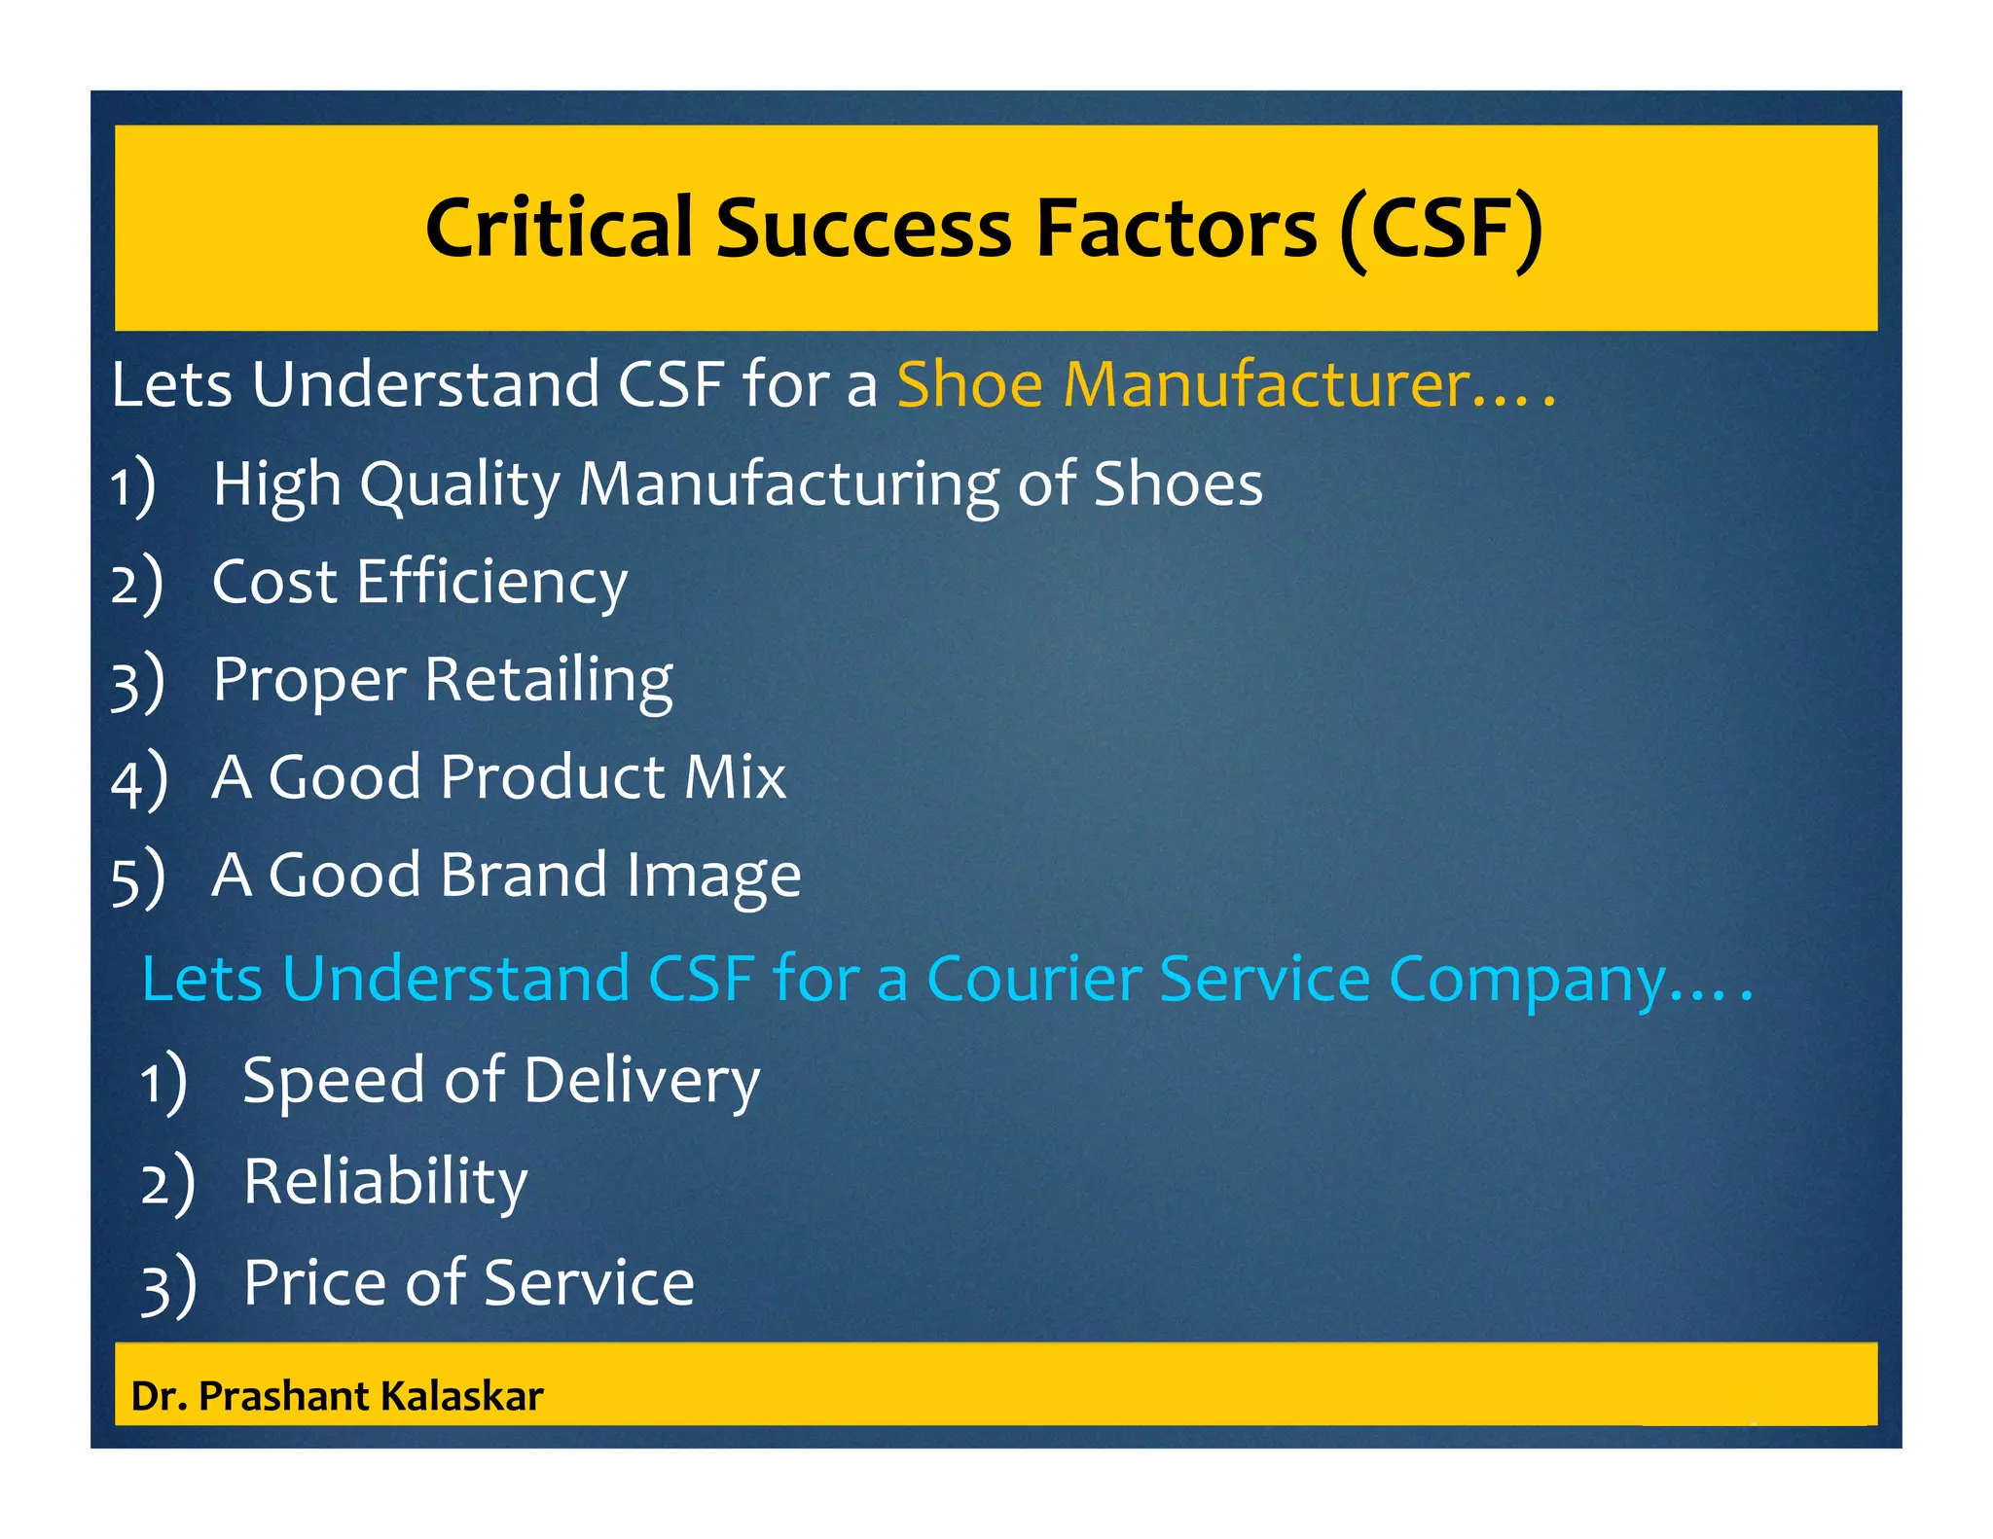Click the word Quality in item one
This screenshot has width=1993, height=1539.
(x=459, y=484)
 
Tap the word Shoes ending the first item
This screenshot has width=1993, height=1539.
(x=1178, y=483)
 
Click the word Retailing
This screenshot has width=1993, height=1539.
(x=549, y=680)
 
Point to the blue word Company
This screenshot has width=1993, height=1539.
(x=1528, y=980)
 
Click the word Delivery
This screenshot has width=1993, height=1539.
(x=642, y=1081)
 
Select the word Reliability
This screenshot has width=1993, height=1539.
(x=385, y=1182)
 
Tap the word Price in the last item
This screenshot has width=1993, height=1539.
(x=314, y=1282)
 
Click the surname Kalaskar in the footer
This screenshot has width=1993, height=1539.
(x=461, y=1396)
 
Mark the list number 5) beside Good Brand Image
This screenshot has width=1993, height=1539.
(x=137, y=877)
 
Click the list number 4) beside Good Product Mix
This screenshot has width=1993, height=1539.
(x=138, y=779)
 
